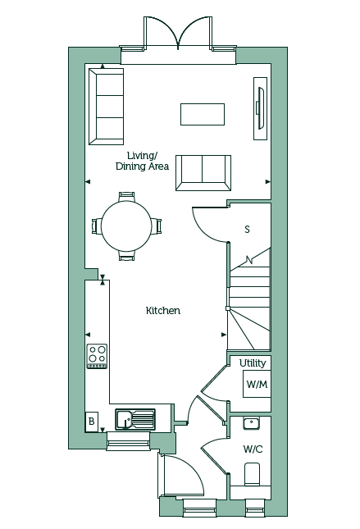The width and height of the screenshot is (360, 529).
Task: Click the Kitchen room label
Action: pyautogui.click(x=163, y=310)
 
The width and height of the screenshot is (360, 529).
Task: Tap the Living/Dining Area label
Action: pyautogui.click(x=142, y=161)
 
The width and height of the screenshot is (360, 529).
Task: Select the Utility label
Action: pyautogui.click(x=253, y=363)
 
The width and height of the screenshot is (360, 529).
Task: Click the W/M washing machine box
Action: pyautogui.click(x=257, y=384)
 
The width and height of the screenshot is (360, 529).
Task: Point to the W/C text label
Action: pyautogui.click(x=253, y=449)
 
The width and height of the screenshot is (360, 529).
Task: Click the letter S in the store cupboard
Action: pyautogui.click(x=248, y=230)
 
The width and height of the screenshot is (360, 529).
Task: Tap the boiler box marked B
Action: pyautogui.click(x=91, y=422)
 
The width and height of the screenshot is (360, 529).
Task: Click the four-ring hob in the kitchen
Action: pyautogui.click(x=97, y=356)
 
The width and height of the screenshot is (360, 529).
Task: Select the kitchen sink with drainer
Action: pyautogui.click(x=135, y=419)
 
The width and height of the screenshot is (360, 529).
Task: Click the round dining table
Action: pyautogui.click(x=126, y=226)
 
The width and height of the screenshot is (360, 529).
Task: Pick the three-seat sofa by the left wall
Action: pyautogui.click(x=106, y=107)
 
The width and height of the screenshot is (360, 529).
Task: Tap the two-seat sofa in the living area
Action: pyautogui.click(x=203, y=173)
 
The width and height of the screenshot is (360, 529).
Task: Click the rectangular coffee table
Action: pyautogui.click(x=203, y=114)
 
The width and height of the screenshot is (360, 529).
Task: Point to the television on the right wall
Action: pyautogui.click(x=261, y=108)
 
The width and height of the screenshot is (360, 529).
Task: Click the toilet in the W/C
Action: pyautogui.click(x=252, y=474)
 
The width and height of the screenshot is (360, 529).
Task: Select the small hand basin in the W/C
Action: pyautogui.click(x=252, y=423)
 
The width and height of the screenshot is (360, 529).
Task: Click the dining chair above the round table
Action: pyautogui.click(x=127, y=197)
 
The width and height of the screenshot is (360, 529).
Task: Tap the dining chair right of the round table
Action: pyautogui.click(x=157, y=226)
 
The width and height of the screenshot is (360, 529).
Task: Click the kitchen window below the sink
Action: pyautogui.click(x=128, y=441)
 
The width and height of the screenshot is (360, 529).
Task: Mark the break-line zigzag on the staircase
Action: pyautogui.click(x=249, y=260)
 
